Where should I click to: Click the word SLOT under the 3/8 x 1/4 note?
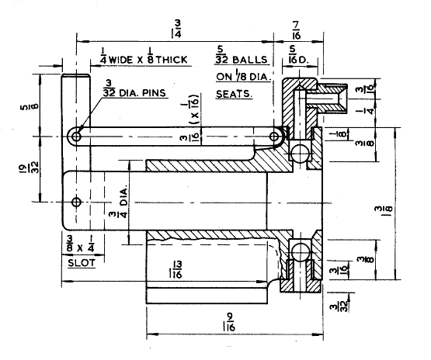82,263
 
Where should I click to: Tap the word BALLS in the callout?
249,60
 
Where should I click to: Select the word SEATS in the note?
234,94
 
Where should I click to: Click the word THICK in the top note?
171,60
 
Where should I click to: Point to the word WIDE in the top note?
120,60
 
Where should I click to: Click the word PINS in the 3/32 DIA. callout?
154,93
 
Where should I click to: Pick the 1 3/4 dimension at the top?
176,29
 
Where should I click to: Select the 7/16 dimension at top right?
296,30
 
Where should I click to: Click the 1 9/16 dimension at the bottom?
228,322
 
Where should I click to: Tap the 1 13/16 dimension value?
176,270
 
